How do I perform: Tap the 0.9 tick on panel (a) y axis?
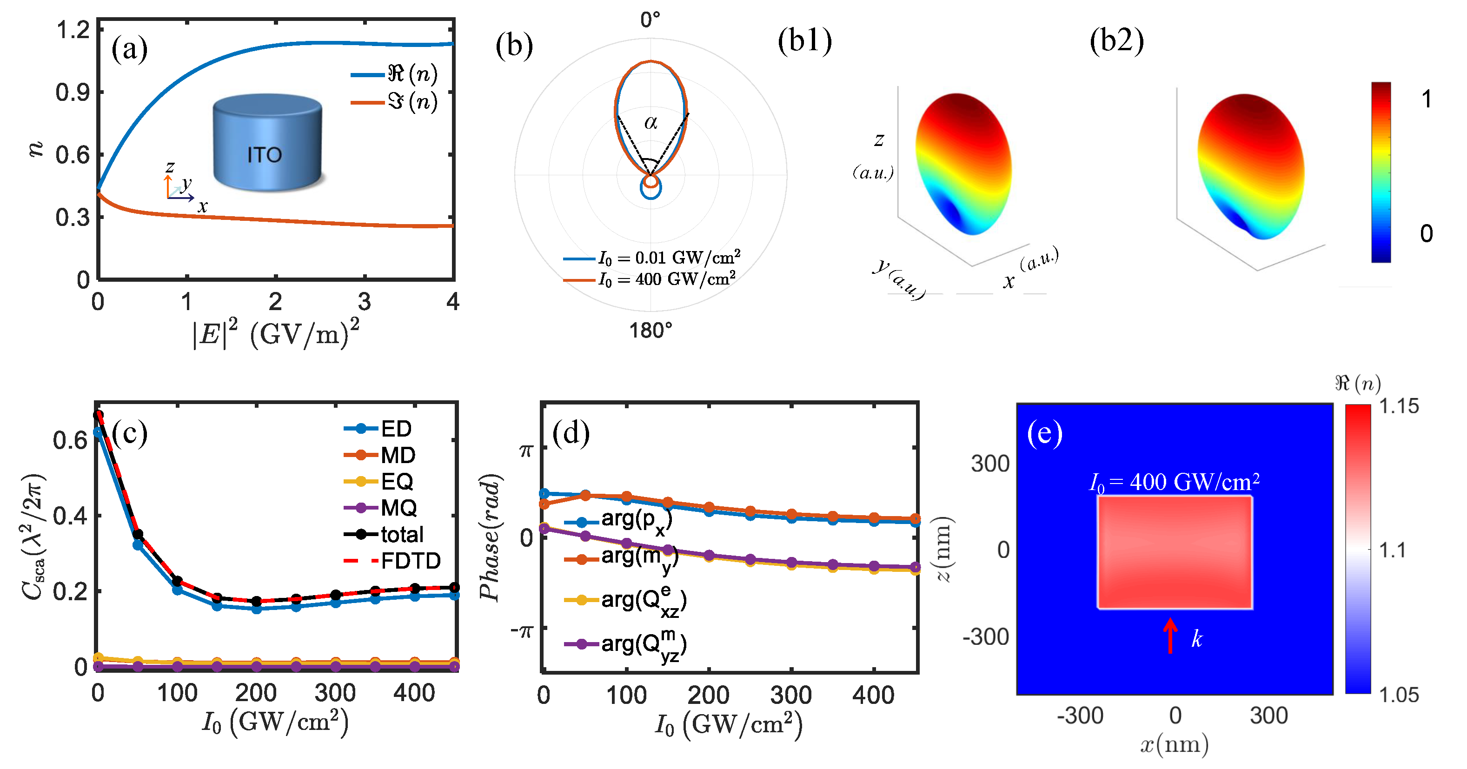[x=73, y=92]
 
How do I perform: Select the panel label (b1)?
[x=805, y=41]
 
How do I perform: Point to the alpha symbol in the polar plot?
[x=651, y=122]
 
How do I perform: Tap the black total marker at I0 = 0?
[x=99, y=415]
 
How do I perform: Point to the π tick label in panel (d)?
[x=525, y=450]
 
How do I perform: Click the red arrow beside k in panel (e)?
[x=1170, y=636]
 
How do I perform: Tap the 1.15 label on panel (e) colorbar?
[x=1399, y=406]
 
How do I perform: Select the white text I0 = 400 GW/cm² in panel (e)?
[x=1174, y=483]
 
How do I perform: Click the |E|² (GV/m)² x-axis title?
[x=276, y=334]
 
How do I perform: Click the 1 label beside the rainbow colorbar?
[x=1426, y=99]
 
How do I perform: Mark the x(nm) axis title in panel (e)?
[x=1174, y=744]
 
